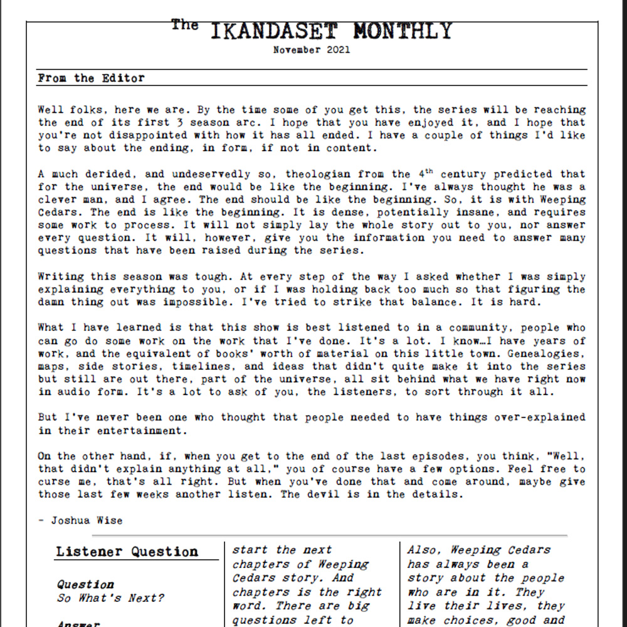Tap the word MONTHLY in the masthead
point(402,31)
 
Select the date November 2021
point(312,50)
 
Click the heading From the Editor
point(91,78)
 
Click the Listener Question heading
point(127,552)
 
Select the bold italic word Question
point(85,584)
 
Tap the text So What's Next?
point(110,598)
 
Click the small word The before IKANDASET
point(185,25)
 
